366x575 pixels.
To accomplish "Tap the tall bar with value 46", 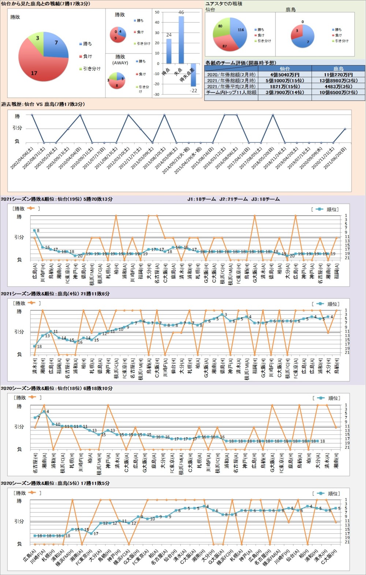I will [x=181, y=40].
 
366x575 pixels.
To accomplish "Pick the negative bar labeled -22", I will [x=193, y=75].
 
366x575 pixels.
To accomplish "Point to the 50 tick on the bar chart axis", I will [x=157, y=12].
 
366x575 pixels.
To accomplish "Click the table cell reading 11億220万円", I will [x=338, y=75].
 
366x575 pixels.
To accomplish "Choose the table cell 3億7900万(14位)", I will [x=285, y=93].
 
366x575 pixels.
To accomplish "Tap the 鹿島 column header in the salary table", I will [x=338, y=68].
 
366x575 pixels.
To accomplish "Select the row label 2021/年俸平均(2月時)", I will [x=231, y=87].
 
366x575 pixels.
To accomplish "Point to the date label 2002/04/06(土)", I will [x=22, y=158].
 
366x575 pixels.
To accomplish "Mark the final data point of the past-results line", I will [x=345, y=129].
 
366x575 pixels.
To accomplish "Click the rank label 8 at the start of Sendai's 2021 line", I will [x=38, y=231].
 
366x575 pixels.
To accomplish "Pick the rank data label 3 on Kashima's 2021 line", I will [x=225, y=315].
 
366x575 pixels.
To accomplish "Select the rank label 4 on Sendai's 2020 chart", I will [x=48, y=411].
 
